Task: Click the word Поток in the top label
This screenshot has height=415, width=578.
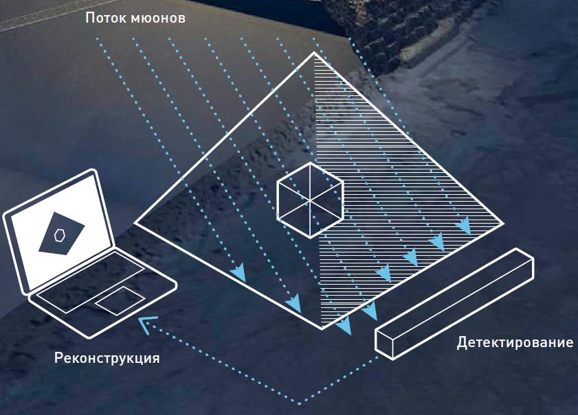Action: (106, 17)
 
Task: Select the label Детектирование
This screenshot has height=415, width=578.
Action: (515, 342)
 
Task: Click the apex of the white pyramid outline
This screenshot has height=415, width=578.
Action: (314, 53)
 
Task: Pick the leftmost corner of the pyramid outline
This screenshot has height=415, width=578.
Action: (135, 222)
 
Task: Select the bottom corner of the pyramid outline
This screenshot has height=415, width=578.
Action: (322, 329)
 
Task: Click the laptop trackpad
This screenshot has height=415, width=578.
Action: (120, 301)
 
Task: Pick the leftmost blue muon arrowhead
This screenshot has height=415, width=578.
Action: (238, 272)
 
